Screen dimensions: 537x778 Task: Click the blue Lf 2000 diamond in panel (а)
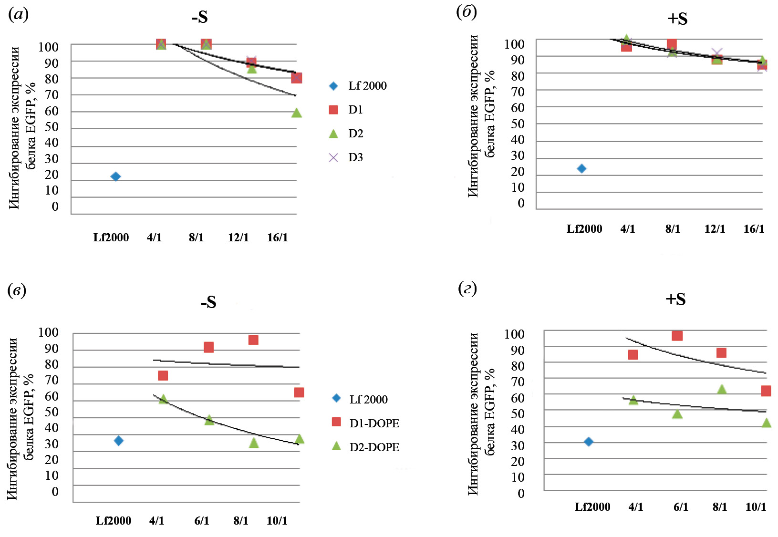pyautogui.click(x=115, y=176)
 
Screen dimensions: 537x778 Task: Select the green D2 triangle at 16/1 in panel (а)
pyautogui.click(x=296, y=113)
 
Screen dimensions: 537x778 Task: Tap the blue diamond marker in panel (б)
pyautogui.click(x=581, y=168)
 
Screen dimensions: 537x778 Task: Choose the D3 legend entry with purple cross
pyautogui.click(x=346, y=157)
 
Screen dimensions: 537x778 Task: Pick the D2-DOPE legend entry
pyautogui.click(x=365, y=447)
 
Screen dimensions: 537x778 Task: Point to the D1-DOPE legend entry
pyautogui.click(x=365, y=423)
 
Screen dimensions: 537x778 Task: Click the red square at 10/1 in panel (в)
pyautogui.click(x=299, y=392)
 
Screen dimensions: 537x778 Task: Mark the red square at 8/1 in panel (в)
pyautogui.click(x=253, y=340)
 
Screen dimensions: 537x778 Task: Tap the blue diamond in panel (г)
pyautogui.click(x=589, y=442)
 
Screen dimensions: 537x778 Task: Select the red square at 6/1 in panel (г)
pyautogui.click(x=677, y=336)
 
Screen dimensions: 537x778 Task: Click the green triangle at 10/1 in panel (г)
pyautogui.click(x=766, y=423)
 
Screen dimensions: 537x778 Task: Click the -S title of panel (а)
pyautogui.click(x=200, y=17)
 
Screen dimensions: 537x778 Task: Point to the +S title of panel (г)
pyautogui.click(x=675, y=299)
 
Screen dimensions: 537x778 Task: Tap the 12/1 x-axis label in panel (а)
pyautogui.click(x=238, y=238)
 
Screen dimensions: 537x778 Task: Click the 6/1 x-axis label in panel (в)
pyautogui.click(x=202, y=520)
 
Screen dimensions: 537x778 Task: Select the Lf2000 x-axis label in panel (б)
pyautogui.click(x=584, y=229)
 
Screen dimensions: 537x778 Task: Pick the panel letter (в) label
pyautogui.click(x=17, y=290)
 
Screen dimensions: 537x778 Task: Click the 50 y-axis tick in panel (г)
pyautogui.click(x=518, y=413)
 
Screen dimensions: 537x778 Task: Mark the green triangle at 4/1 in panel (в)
pyautogui.click(x=163, y=399)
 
